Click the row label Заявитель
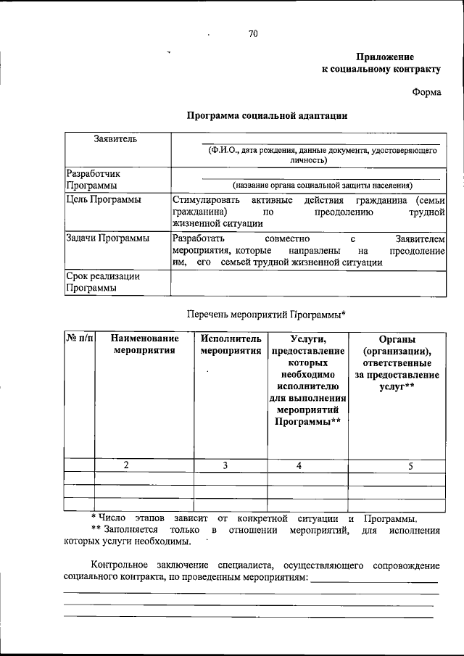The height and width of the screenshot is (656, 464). point(109,138)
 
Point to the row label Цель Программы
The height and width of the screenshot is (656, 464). point(103,199)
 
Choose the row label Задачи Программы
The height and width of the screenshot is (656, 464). point(107,238)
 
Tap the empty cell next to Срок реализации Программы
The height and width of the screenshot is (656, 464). point(307,282)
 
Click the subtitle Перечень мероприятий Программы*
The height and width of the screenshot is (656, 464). point(265,314)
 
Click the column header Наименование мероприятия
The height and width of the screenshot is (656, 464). point(144,344)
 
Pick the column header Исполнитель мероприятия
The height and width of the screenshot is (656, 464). point(231,344)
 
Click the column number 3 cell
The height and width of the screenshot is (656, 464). point(225,465)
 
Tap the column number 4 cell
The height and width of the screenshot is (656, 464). point(298,465)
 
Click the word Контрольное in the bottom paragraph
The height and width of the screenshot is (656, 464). point(120,565)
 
